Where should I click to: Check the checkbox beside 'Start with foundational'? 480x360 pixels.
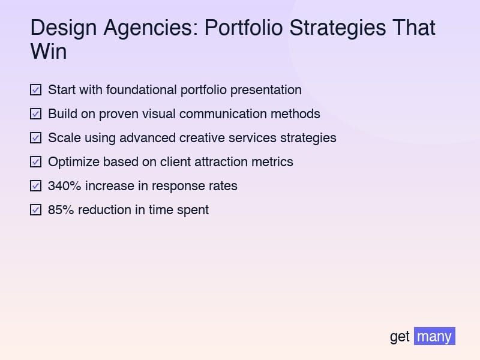pos(36,90)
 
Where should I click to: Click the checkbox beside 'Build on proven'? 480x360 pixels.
pos(36,114)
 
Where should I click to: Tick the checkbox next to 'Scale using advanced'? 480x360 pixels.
pos(36,138)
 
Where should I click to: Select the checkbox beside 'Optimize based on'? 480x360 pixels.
pos(36,162)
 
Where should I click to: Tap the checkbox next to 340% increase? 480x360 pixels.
pos(36,186)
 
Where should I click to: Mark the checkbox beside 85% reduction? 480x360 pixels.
pos(36,210)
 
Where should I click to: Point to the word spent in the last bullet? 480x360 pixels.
pos(193,211)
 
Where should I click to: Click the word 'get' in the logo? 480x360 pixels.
pos(400,337)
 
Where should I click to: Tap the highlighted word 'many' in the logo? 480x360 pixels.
pos(434,336)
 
